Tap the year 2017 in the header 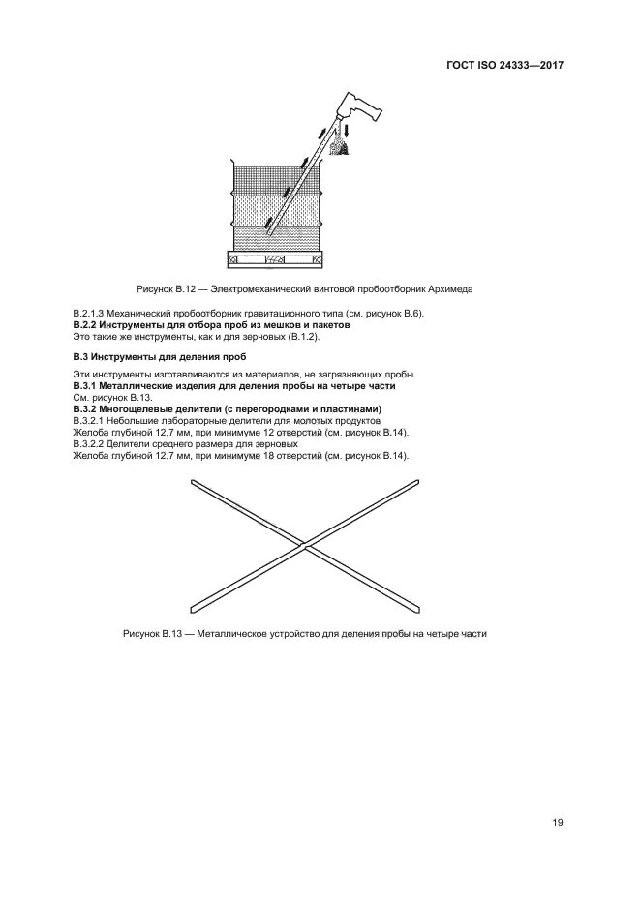(x=546, y=65)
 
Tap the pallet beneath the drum (x=274, y=259)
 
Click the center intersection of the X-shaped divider (x=304, y=547)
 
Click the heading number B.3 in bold (x=80, y=357)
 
